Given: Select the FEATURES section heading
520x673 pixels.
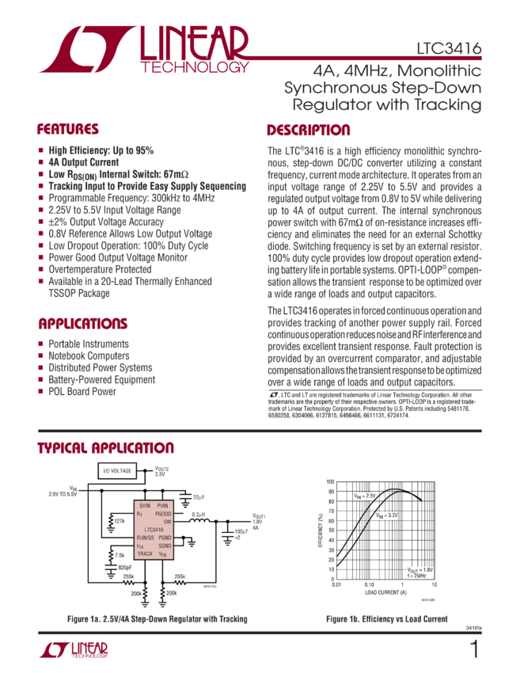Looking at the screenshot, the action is pos(69,129).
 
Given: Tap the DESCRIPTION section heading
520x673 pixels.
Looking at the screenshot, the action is pos(308,130).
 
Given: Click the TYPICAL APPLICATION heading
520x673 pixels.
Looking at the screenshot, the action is pos(105,448).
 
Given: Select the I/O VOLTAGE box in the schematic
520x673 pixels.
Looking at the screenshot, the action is pos(117,471).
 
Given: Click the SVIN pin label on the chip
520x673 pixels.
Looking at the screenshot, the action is pos(145,504).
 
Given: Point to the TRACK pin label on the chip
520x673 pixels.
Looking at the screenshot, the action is pos(146,553).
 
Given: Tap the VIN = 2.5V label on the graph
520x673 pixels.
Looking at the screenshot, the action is pos(365,496).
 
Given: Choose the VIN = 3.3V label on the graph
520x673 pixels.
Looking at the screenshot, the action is pos(386,515).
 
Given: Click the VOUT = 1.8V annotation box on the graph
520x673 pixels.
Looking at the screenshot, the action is pos(420,572).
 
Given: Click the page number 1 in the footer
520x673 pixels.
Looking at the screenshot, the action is pos(474,651).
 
